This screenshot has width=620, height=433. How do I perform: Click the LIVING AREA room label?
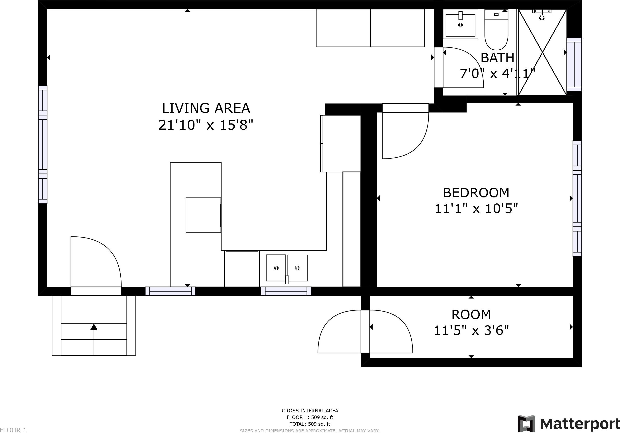[206, 108]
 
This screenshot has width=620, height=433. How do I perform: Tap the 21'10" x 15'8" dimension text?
[206, 125]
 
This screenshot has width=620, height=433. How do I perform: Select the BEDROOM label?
[476, 193]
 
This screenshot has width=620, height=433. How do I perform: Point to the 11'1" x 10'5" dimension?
[476, 209]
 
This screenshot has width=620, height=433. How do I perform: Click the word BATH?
[497, 58]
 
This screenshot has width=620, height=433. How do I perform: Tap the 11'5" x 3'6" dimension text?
[471, 330]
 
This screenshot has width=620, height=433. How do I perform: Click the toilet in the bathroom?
[496, 30]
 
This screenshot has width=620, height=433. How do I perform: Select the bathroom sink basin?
[460, 25]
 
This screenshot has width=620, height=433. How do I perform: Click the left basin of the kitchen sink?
[276, 268]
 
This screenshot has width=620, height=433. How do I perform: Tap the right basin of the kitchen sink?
[297, 268]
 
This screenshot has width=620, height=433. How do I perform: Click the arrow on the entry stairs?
[94, 339]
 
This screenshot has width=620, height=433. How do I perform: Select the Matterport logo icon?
[526, 423]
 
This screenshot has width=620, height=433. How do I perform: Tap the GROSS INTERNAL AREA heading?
[310, 411]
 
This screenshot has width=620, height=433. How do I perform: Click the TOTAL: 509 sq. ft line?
[310, 424]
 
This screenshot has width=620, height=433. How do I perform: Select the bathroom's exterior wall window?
[574, 64]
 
